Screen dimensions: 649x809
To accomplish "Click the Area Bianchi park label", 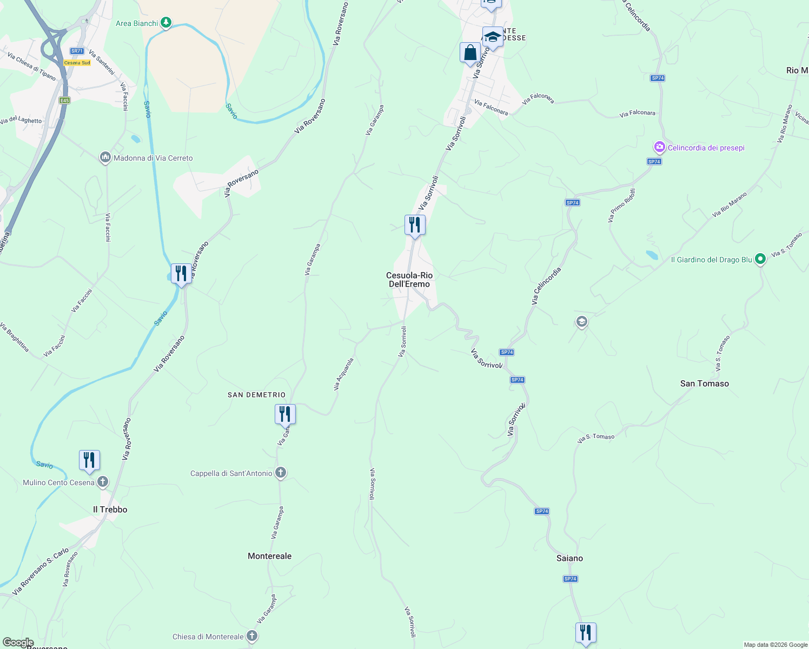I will pos(137,23).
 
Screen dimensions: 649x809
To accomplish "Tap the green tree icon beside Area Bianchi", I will pos(167,23).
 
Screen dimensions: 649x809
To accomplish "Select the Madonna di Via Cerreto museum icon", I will pos(105,158).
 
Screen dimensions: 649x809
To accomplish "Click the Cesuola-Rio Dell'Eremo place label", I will pos(409,280).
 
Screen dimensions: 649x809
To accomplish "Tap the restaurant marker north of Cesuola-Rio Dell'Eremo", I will pos(415,225).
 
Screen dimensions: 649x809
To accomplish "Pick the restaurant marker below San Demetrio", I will pos(285,414).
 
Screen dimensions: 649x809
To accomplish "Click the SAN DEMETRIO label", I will pos(256,395).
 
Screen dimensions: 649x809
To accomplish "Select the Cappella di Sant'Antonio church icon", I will pos(280,473).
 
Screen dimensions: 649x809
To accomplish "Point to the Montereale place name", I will pos(269,556).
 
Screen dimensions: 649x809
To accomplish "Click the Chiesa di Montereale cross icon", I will pos(251,637).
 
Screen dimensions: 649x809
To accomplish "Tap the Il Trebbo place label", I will pos(110,509).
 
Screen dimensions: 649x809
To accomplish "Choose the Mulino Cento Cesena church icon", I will pos(102,482).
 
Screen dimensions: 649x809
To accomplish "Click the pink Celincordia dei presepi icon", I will pos(659,147).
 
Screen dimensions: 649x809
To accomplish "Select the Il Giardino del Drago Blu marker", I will pos(760,260).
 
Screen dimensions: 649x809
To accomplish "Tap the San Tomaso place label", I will pos(704,383).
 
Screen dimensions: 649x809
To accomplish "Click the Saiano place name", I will pos(569,558).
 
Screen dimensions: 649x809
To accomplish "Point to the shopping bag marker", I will pos(470,53).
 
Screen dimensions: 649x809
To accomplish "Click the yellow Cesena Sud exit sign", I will pos(77,63).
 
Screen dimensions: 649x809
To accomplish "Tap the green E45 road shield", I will pos(65,101).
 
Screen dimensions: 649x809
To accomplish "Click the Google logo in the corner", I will pos(18,643).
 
